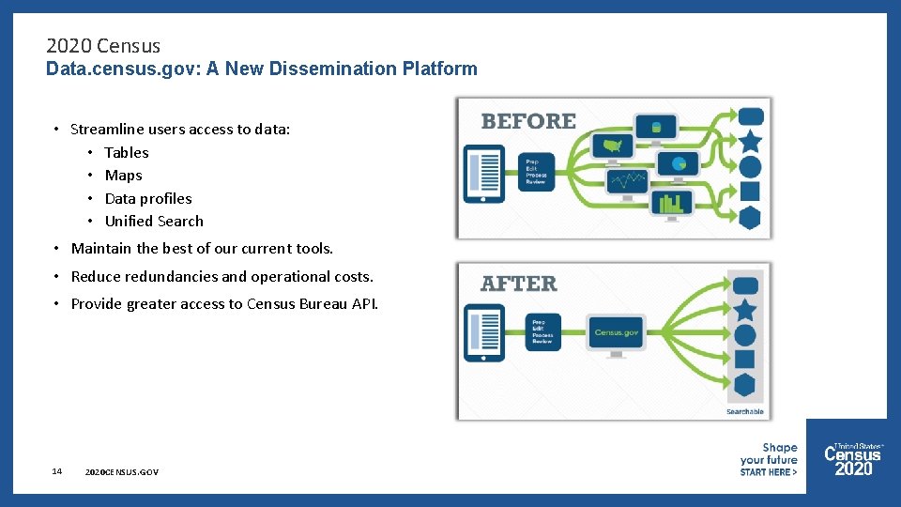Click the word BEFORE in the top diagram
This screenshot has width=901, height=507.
click(x=528, y=121)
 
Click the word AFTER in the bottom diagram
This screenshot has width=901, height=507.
click(x=518, y=284)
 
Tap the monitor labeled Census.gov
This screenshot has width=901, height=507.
click(x=616, y=333)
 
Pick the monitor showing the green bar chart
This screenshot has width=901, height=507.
click(x=671, y=203)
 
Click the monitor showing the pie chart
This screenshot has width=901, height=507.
click(x=678, y=164)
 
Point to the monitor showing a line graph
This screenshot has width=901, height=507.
click(x=627, y=180)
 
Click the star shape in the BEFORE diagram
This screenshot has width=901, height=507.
click(x=750, y=142)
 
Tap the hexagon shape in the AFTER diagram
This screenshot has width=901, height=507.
click(x=744, y=385)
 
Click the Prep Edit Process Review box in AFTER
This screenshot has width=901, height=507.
click(x=542, y=330)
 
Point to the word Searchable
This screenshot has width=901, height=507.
click(x=745, y=411)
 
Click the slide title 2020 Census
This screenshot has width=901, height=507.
click(x=103, y=45)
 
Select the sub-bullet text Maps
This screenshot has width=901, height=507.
click(x=123, y=176)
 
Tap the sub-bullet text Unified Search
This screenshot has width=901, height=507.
click(x=154, y=222)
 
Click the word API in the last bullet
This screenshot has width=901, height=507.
click(x=365, y=303)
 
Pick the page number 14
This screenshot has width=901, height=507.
click(x=57, y=470)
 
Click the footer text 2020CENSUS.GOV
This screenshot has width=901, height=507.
click(x=121, y=471)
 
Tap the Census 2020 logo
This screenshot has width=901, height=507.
click(x=852, y=460)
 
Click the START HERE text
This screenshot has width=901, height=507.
click(x=768, y=472)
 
